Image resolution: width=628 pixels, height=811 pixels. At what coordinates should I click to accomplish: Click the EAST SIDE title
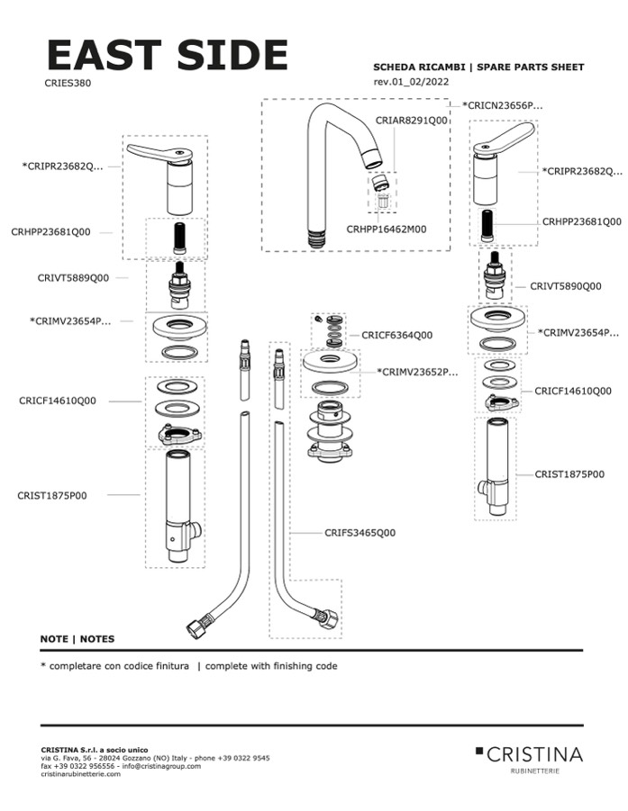click(x=167, y=55)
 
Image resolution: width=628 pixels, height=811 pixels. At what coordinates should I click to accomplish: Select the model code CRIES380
click(x=68, y=83)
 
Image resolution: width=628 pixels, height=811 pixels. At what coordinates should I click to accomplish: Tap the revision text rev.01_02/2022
click(x=411, y=82)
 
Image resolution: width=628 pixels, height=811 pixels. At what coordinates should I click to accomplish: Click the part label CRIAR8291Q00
click(x=411, y=120)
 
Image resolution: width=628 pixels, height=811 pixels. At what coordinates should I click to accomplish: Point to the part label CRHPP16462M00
click(x=387, y=230)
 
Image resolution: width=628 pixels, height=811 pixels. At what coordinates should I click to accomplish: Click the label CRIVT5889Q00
click(x=73, y=278)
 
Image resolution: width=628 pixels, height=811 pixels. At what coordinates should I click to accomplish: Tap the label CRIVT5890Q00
click(x=566, y=286)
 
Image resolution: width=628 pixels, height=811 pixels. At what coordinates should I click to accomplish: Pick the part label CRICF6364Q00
click(x=396, y=335)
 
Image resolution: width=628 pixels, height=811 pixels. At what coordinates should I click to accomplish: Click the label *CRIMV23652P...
click(x=417, y=371)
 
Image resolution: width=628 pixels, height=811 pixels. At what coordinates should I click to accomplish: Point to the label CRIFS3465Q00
click(x=360, y=533)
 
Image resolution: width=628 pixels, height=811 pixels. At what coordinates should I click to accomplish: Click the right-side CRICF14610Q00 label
click(x=573, y=392)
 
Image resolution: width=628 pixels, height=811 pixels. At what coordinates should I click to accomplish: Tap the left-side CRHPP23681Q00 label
click(x=50, y=232)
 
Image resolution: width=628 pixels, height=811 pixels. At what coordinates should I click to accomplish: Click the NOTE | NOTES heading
click(x=77, y=639)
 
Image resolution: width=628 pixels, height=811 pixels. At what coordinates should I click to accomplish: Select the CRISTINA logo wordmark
click(x=535, y=754)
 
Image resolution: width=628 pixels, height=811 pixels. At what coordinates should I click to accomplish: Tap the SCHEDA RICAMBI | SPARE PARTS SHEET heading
click(x=478, y=68)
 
